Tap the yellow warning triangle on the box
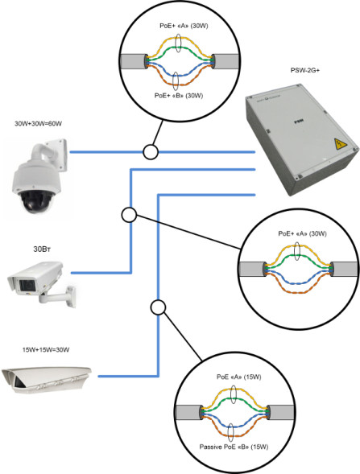339,145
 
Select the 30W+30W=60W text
38,124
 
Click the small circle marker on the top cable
149,151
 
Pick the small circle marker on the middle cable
127,214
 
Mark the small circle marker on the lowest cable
158,307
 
